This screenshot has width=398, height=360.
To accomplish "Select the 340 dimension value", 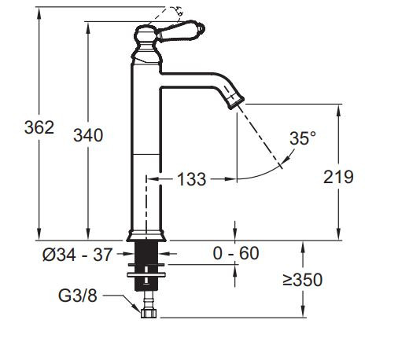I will (x=88, y=134).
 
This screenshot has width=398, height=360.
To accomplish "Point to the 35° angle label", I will (x=302, y=138).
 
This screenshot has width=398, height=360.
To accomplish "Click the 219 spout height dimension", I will (x=338, y=177).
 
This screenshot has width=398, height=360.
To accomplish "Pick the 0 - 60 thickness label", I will (x=237, y=254).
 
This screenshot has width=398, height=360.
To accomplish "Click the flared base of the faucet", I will (x=146, y=234).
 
